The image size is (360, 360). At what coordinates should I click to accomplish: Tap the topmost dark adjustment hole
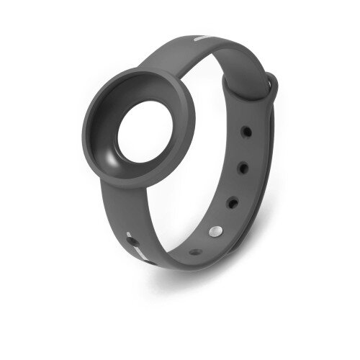pyautogui.click(x=246, y=132)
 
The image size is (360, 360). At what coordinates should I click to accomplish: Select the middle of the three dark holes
pyautogui.click(x=243, y=168)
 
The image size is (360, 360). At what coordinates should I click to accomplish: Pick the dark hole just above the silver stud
pyautogui.click(x=233, y=203)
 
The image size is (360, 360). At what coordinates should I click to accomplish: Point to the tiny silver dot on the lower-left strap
pyautogui.click(x=128, y=233)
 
